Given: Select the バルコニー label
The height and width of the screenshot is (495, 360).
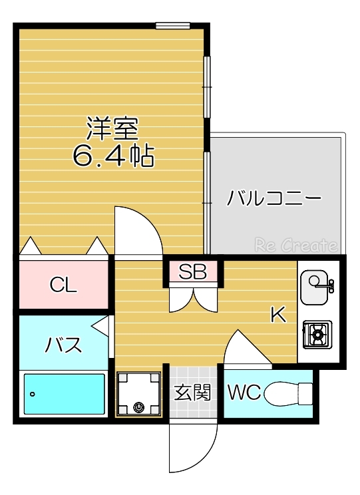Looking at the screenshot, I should tap(273, 198).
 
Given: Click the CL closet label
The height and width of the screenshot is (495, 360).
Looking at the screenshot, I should tap(63, 285).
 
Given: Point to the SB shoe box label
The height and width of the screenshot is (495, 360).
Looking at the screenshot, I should tap(193, 271).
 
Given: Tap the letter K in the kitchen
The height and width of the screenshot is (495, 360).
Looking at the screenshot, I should tap(277, 315).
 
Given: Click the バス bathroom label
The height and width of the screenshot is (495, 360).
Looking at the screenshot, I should tap(63, 345).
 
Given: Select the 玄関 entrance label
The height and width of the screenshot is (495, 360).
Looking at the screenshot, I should tap(193, 393).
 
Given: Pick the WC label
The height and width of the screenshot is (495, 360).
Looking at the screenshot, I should tap(243, 393).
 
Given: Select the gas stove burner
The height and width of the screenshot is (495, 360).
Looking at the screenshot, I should tap(317, 334).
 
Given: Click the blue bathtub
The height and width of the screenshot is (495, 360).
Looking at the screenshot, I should tap(65, 394).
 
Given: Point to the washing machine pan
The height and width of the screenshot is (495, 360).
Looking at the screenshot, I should tap(139, 393).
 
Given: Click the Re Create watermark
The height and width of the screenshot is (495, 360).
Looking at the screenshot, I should tap(295, 246).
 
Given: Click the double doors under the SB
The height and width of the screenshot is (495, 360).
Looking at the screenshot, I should tap(193, 297).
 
